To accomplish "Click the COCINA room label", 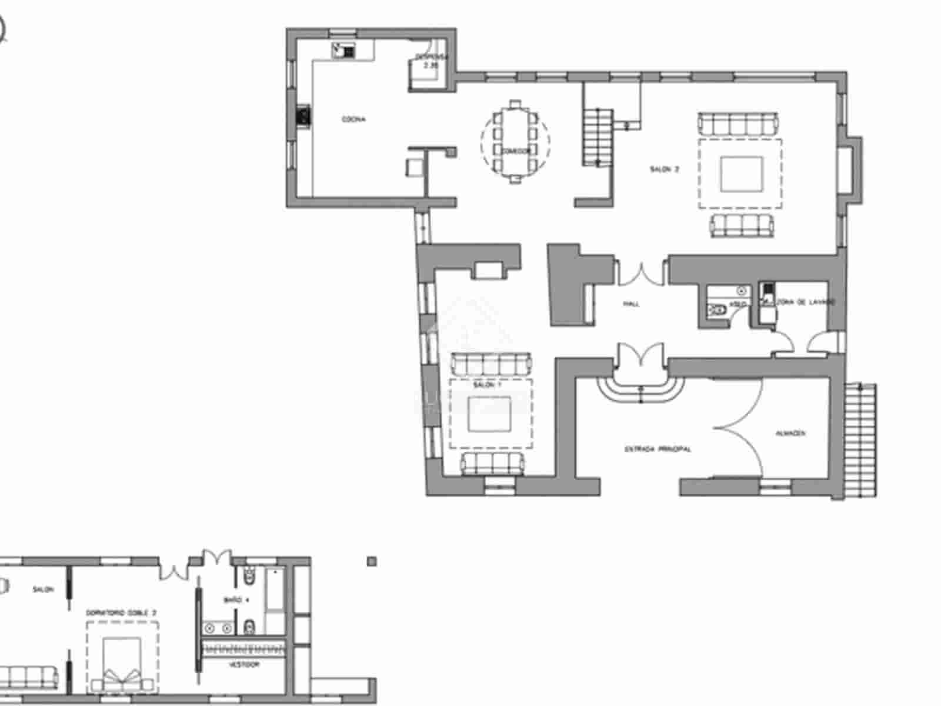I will (x=353, y=119).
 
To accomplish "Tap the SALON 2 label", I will (x=665, y=169).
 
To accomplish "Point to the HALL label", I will (x=631, y=304).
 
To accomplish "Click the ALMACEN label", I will (x=790, y=434).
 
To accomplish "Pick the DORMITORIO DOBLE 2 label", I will (x=122, y=612).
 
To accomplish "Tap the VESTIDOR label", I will (x=244, y=665).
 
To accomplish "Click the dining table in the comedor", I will (x=515, y=141).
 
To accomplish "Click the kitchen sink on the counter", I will (x=343, y=51).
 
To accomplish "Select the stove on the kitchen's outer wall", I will (x=303, y=116).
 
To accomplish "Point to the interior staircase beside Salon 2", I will (x=599, y=136).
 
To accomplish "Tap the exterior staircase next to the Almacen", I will (x=860, y=440).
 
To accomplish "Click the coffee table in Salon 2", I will (x=740, y=174).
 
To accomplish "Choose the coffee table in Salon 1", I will (x=490, y=414).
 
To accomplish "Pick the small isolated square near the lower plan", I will (x=371, y=561).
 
